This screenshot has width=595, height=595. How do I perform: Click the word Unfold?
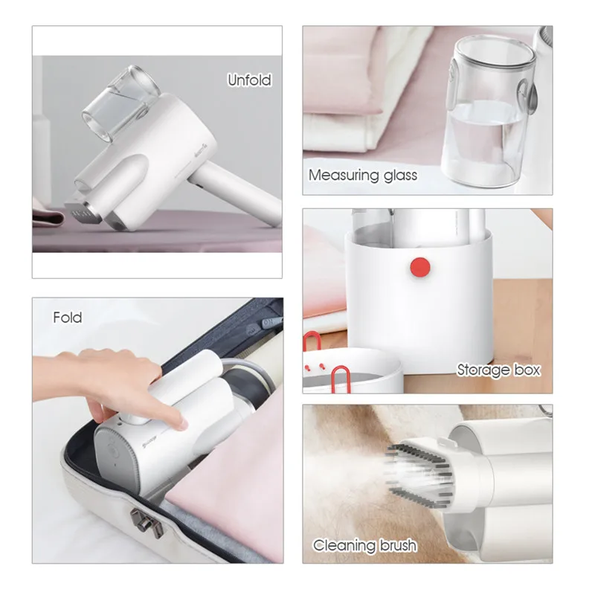249,80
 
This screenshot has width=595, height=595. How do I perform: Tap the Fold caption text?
67,318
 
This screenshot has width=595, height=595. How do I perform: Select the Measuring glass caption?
363,176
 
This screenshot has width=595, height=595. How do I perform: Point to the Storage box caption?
498,370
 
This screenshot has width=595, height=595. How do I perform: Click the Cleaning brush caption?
364,545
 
